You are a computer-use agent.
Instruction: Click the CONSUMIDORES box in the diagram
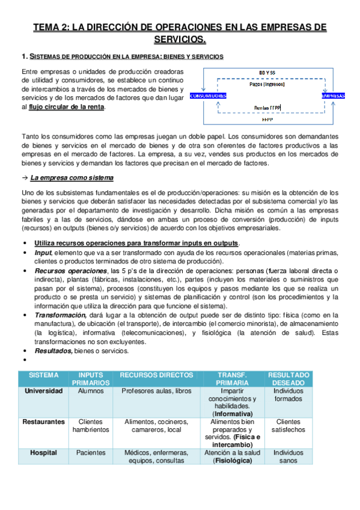tap(208, 96)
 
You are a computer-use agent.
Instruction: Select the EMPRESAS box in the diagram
tap(332, 96)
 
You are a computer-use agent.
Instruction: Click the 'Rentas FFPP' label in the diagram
tap(267, 108)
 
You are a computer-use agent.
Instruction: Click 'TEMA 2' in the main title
tap(52, 27)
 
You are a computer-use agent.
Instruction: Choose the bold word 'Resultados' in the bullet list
tap(53, 351)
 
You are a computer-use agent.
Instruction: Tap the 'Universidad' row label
tap(43, 390)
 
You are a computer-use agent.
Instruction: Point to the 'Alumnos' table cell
tap(91, 390)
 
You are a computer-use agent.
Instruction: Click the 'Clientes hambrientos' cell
tap(91, 426)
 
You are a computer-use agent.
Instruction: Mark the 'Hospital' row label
tap(44, 453)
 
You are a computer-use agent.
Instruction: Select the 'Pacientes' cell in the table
tap(91, 453)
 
